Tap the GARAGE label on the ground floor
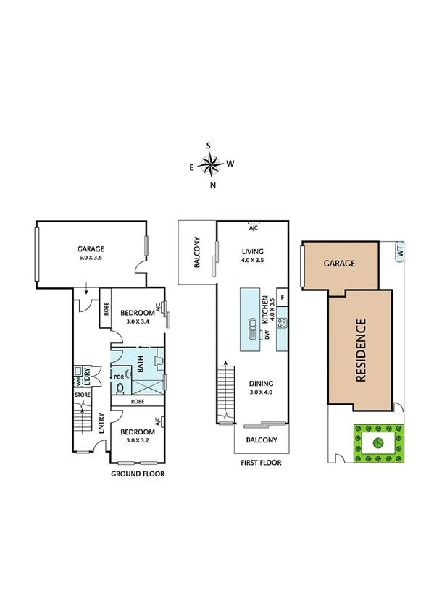tap(91, 248)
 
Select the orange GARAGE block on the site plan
tap(339, 264)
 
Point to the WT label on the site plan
tap(399, 253)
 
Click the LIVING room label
tap(253, 252)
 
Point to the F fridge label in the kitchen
tap(282, 298)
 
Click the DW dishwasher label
tap(267, 335)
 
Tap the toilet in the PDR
tap(120, 387)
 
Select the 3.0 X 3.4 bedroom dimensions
tap(137, 321)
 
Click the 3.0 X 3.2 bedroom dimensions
tap(137, 440)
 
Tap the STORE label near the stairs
tap(82, 395)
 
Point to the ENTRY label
tap(101, 428)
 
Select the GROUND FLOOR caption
tap(137, 474)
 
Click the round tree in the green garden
tap(377, 442)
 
